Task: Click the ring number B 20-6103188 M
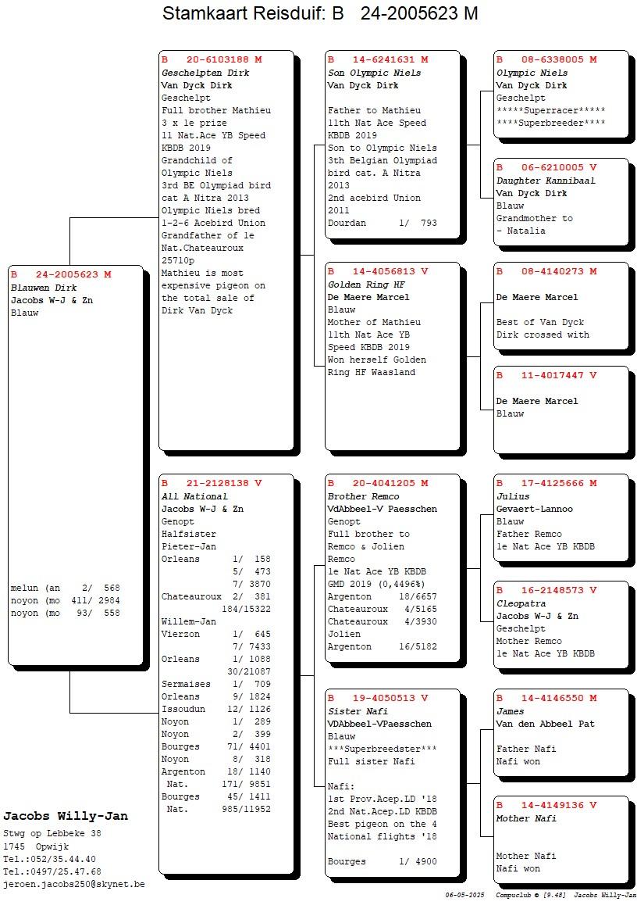tap(212, 59)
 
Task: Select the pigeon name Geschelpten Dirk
tap(205, 73)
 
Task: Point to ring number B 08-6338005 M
tap(546, 59)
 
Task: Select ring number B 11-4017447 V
tap(546, 375)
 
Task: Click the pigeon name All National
tap(194, 496)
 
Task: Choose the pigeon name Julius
tap(513, 496)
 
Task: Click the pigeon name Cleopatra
tap(521, 603)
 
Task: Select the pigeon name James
tap(510, 711)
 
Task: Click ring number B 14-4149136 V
tap(546, 805)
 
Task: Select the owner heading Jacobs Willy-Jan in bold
tap(66, 816)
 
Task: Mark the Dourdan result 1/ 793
tap(418, 223)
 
